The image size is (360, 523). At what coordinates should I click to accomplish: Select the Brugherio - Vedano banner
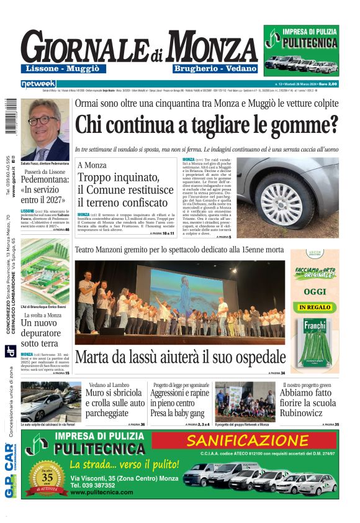207,68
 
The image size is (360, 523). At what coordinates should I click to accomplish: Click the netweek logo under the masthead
38,83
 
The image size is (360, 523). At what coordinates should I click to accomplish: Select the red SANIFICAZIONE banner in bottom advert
247,440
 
